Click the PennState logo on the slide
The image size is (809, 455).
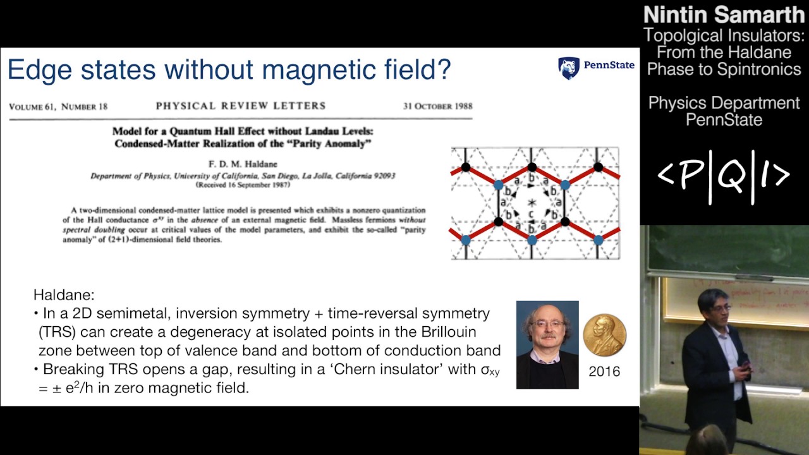click(x=596, y=67)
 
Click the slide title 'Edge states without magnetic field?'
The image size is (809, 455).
click(x=229, y=70)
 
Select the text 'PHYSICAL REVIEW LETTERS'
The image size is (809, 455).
click(x=241, y=106)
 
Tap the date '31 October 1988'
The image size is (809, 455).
click(x=437, y=106)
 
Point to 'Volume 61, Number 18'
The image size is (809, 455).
click(x=58, y=107)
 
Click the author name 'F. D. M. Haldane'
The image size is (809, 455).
click(x=243, y=164)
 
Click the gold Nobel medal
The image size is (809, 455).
click(x=604, y=336)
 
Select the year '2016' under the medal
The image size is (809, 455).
click(x=604, y=372)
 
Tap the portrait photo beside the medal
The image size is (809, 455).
click(x=547, y=344)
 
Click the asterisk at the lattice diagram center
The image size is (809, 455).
click(x=532, y=202)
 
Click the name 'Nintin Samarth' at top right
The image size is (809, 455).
click(x=724, y=15)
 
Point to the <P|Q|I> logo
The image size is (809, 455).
click(x=724, y=176)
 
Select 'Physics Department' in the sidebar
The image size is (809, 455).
click(x=724, y=102)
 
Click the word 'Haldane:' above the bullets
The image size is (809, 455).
click(x=63, y=295)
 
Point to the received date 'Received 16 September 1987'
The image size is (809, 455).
click(x=243, y=185)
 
